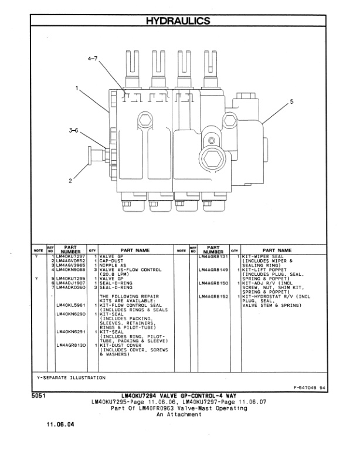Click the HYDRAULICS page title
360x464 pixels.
pyautogui.click(x=180, y=21)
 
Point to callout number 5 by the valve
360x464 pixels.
pyautogui.click(x=291, y=102)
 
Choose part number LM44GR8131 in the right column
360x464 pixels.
pyautogui.click(x=213, y=256)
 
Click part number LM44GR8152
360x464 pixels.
pyautogui.click(x=213, y=297)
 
